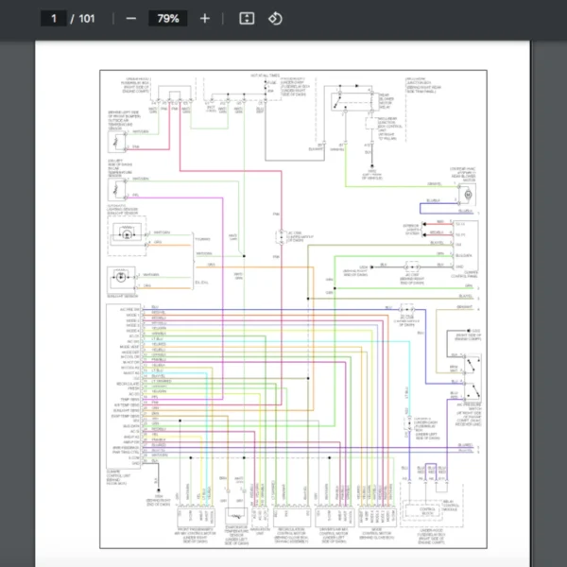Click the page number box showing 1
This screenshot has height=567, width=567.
55,18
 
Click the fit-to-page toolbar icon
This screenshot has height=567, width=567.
247,18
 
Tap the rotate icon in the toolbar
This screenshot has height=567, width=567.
275,18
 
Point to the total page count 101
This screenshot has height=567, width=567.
86,18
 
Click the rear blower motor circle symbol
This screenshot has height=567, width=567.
465,192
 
